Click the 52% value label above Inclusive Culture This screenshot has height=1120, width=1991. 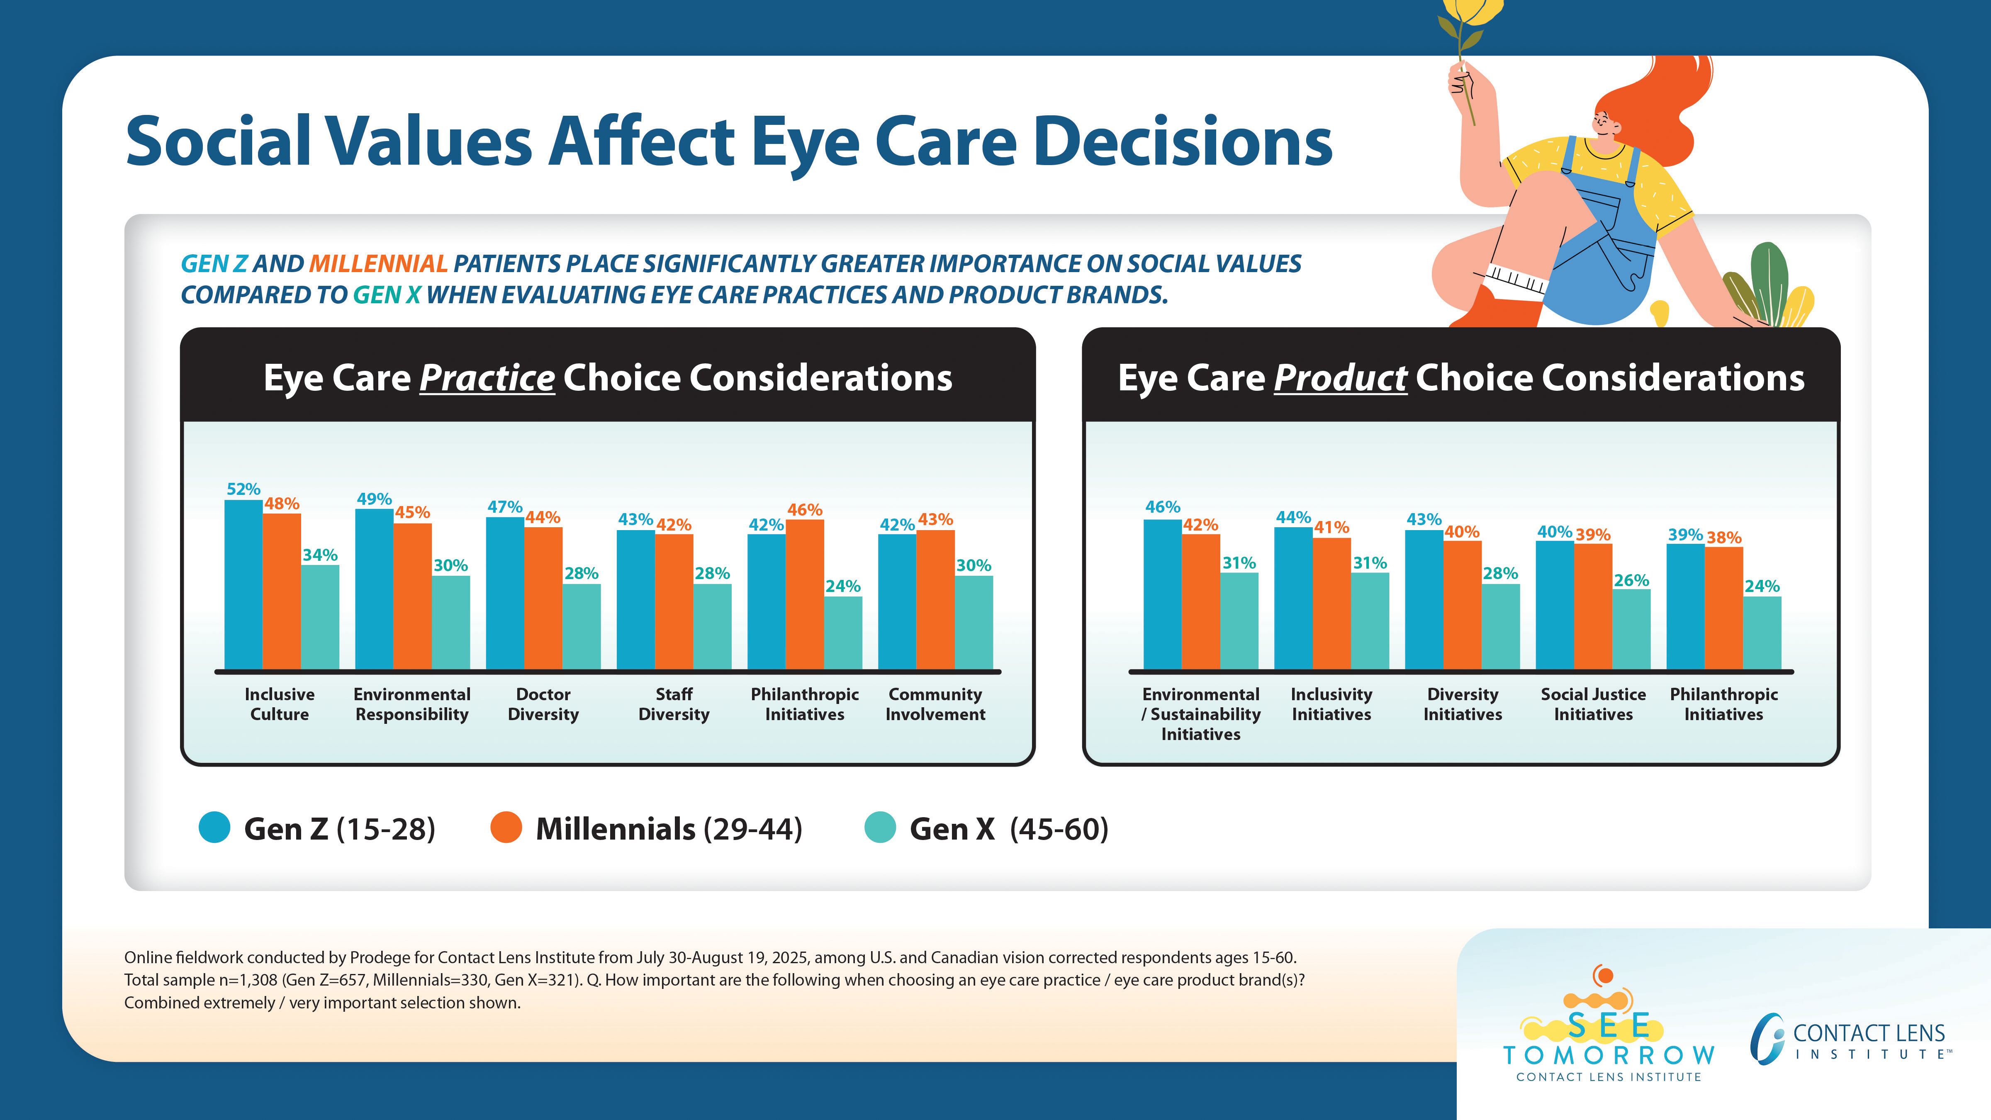click(x=243, y=489)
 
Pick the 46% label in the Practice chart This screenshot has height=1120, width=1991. click(x=805, y=510)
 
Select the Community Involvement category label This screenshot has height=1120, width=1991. click(x=935, y=704)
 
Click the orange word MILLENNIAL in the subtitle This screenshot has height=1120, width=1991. click(x=378, y=264)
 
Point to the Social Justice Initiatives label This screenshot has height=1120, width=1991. click(x=1593, y=704)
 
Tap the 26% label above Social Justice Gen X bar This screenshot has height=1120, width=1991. click(x=1631, y=580)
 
